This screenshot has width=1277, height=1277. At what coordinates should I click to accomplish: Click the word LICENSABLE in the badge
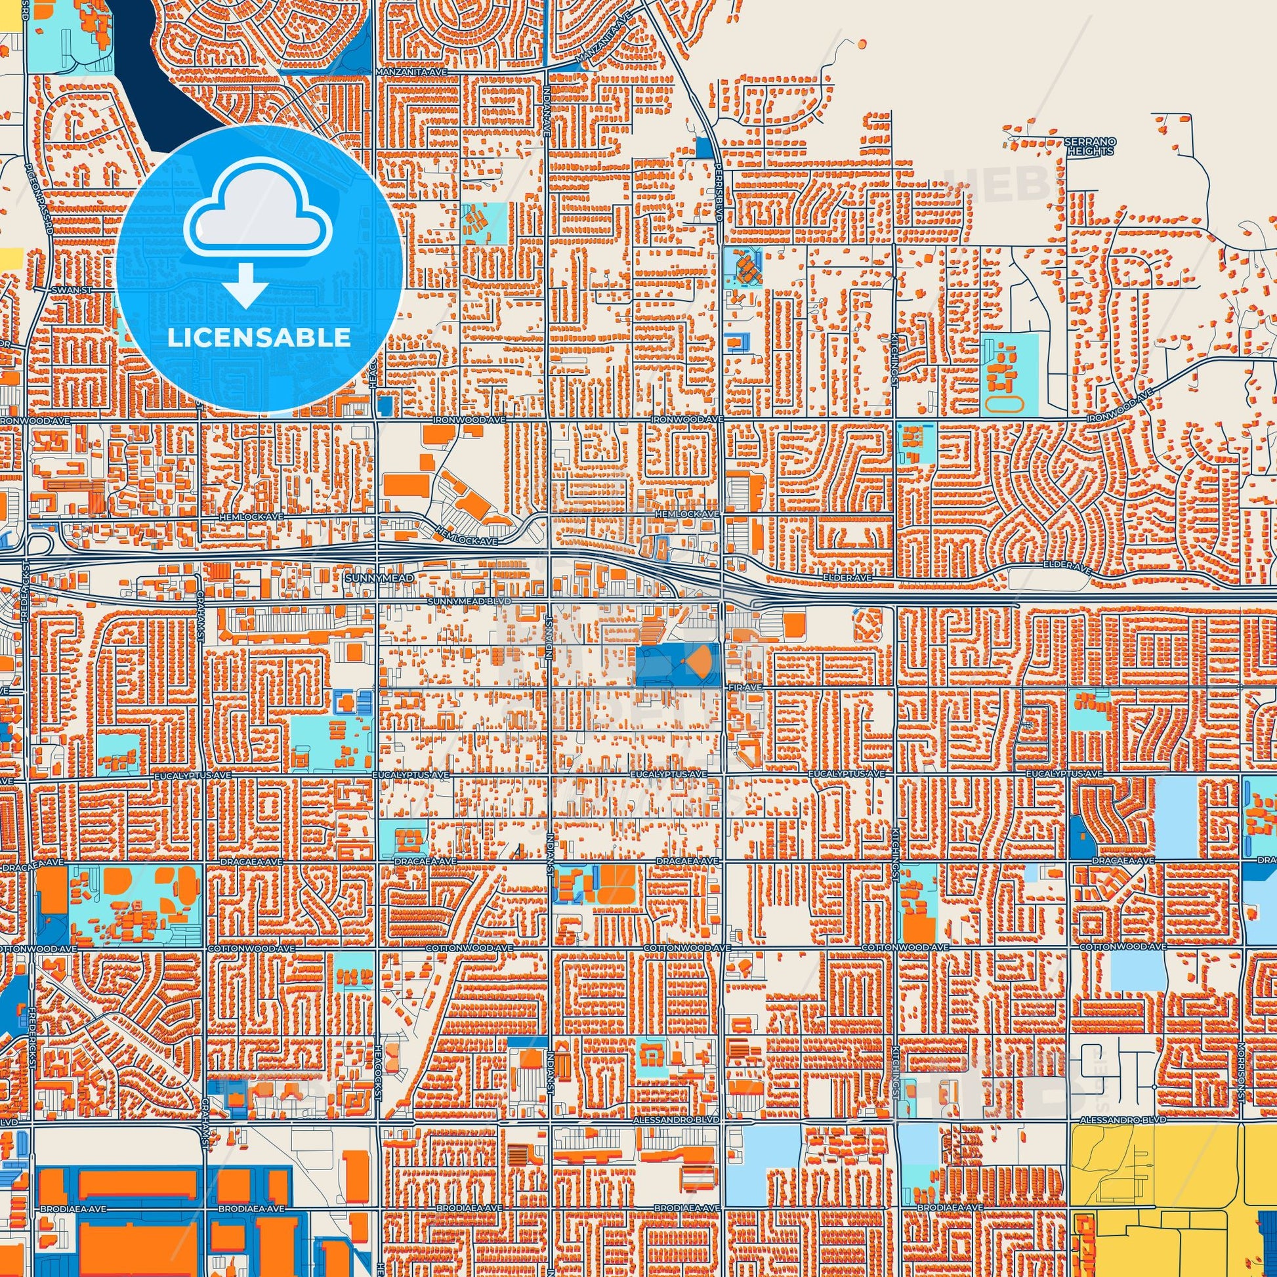tap(259, 338)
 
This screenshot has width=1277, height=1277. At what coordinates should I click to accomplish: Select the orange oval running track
tap(1003, 402)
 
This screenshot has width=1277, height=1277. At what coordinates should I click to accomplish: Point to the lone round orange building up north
tap(860, 43)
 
